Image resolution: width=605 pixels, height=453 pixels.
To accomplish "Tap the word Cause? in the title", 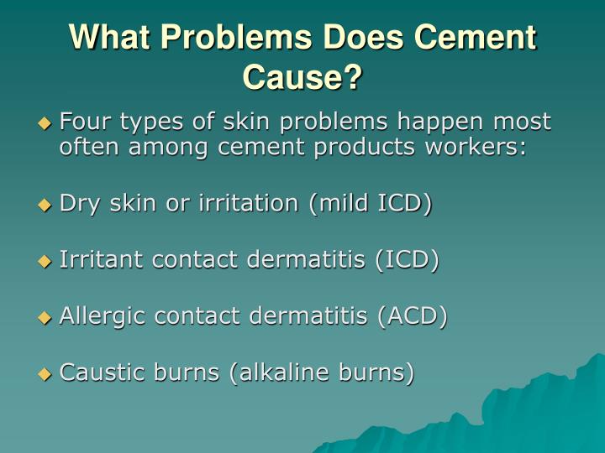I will click(x=302, y=77).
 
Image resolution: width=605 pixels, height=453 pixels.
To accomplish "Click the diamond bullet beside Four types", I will click(x=45, y=122).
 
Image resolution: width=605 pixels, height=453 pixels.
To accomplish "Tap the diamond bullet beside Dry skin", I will click(x=45, y=204).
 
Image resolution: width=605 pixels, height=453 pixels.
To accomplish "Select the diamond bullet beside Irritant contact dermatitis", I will click(x=45, y=261).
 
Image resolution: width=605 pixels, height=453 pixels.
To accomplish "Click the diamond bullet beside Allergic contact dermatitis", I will click(x=45, y=317).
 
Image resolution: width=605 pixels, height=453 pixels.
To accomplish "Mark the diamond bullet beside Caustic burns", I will click(x=45, y=373).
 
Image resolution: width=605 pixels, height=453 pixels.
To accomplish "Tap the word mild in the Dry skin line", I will click(x=337, y=204).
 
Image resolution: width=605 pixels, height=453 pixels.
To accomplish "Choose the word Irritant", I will click(x=103, y=260).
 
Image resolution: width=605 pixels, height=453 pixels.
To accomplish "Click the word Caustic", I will click(x=99, y=372).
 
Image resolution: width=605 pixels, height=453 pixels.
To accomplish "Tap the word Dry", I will click(x=76, y=204).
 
